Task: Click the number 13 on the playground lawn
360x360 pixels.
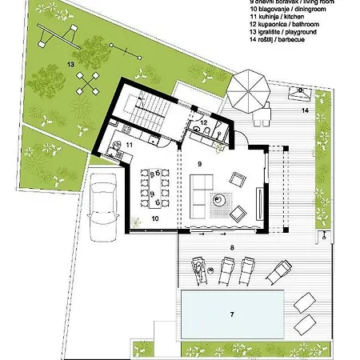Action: [x=70, y=62]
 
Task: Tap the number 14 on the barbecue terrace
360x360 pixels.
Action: [x=305, y=111]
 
